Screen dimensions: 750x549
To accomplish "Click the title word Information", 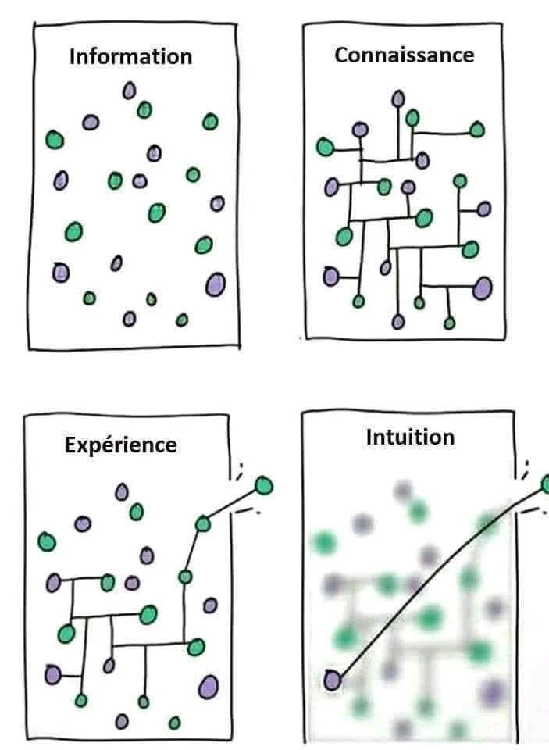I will pos(130,57).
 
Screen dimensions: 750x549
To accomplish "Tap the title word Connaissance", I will pos(404,55).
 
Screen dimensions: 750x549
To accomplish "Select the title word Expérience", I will pos(120,445).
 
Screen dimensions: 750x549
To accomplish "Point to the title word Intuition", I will pos(410,437).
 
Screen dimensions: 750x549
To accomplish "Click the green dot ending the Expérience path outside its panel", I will pos(264,486).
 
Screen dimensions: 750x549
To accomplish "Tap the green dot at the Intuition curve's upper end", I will pos(546,486).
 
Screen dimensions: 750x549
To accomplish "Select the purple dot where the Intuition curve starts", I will pos(332,680).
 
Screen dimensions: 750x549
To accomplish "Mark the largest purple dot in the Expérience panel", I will pos(209,686).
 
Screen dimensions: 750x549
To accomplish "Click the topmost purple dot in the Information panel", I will pos(129,91).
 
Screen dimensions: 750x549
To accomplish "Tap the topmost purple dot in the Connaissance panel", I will pos(398,99).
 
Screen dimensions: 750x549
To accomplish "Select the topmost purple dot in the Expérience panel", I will pos(121,491).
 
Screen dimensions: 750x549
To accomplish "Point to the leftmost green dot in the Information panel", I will pos(54,140).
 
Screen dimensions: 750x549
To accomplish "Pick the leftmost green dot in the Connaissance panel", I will pos(324,146).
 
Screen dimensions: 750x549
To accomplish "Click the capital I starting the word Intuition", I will pos(369,437).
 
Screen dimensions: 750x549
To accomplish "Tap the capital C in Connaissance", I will pos(341,55).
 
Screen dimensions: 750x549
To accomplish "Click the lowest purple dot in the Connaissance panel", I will pos(398,321).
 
